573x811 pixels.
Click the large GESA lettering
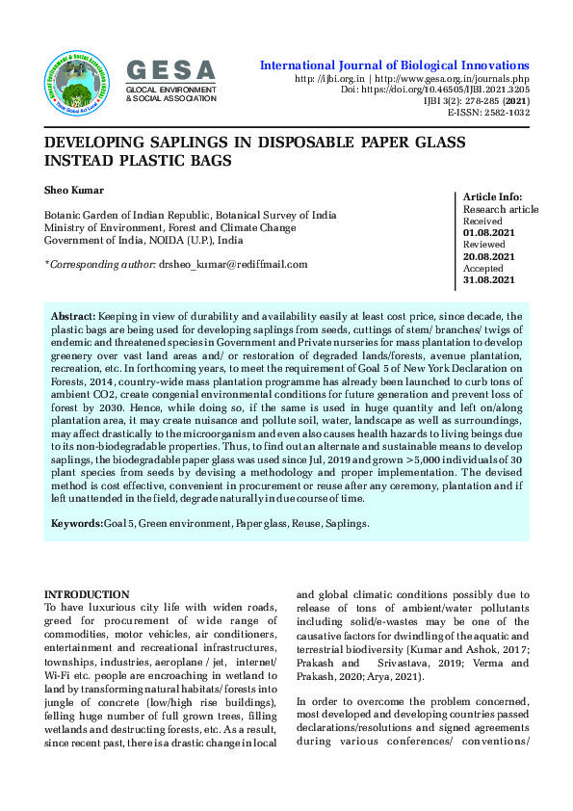point(171,69)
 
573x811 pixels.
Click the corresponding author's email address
point(232,264)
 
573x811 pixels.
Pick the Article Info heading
point(493,196)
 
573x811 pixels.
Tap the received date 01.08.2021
point(489,233)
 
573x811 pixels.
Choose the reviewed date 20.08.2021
point(489,256)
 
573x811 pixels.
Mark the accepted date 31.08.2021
point(489,280)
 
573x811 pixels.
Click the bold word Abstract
point(72,317)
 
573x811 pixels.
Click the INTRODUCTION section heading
point(87,594)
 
